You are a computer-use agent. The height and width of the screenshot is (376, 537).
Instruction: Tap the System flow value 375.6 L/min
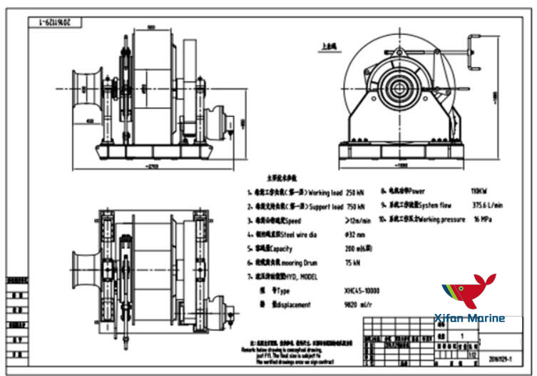(x=487, y=205)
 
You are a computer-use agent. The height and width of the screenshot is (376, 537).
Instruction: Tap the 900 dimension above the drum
(x=152, y=27)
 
